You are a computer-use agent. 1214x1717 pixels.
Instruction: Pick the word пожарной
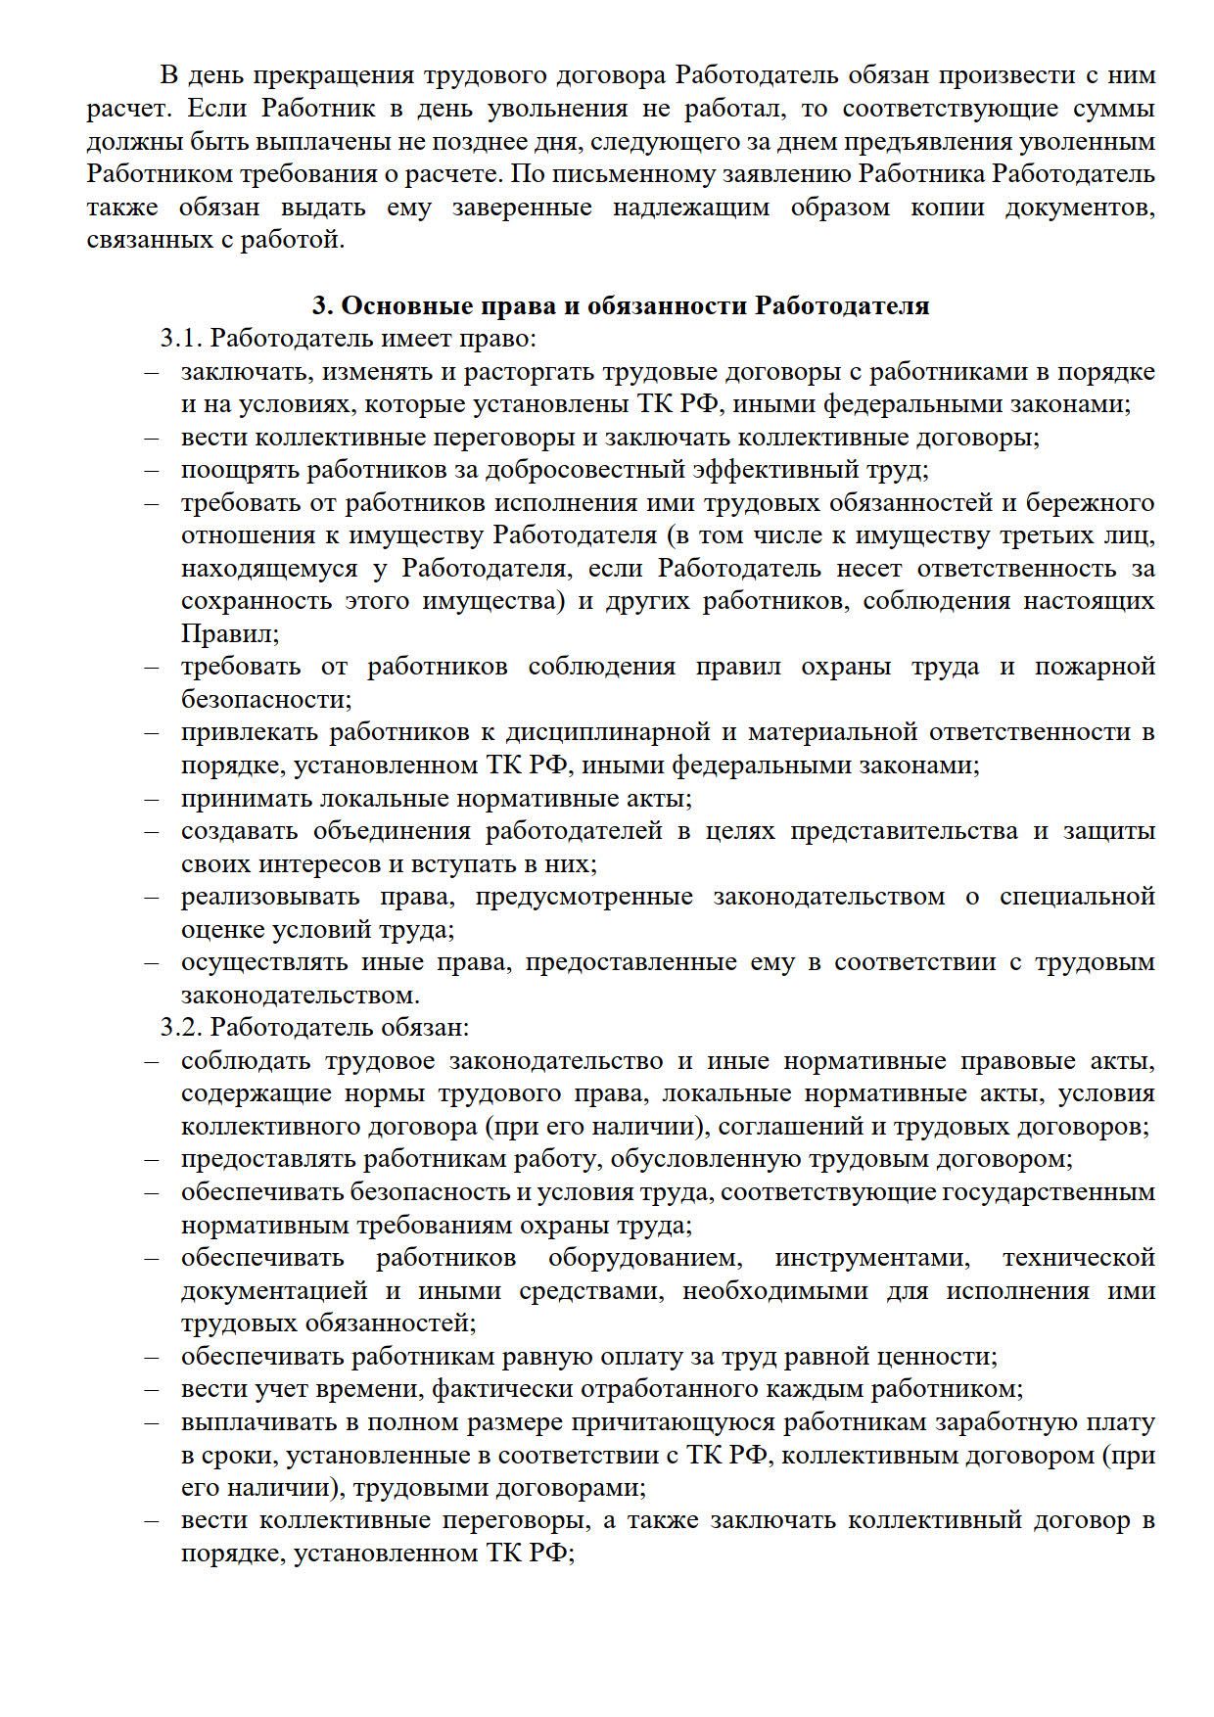point(1095,667)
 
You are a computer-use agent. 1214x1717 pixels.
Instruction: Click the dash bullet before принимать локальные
point(152,798)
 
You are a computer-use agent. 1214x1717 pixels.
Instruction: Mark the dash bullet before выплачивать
point(152,1422)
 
